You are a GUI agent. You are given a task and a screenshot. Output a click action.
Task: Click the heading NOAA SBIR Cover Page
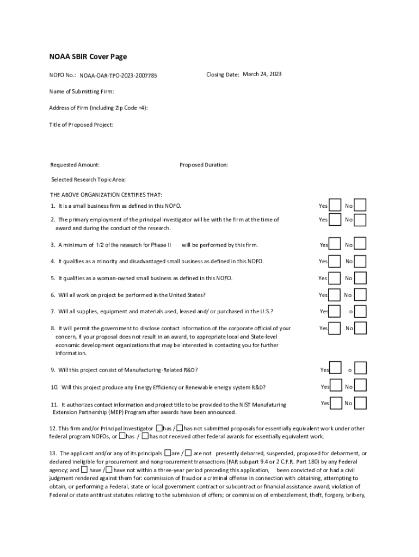pos(89,57)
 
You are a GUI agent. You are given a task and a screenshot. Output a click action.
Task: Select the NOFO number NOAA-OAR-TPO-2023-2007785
pos(118,76)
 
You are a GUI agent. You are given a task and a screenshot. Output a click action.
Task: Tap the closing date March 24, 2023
pos(262,74)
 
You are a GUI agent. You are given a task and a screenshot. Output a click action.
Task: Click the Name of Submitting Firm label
pos(82,91)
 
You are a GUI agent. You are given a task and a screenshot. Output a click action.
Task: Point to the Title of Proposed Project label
pos(82,125)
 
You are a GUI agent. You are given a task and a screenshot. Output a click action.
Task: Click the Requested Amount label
pos(75,165)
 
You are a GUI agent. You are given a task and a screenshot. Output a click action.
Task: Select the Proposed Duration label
pos(204,165)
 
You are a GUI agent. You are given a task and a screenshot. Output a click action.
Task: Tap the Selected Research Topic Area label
pos(88,180)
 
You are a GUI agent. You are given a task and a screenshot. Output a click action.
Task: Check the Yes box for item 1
pos(336,205)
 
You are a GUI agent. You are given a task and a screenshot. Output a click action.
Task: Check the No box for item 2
pos(360,219)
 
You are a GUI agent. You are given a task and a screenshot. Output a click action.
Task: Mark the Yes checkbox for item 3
pos(336,244)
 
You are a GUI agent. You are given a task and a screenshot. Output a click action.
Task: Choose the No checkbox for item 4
pos(360,261)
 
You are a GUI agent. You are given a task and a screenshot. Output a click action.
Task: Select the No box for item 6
pos(360,295)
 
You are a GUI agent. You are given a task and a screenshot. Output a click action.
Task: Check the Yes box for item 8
pos(336,328)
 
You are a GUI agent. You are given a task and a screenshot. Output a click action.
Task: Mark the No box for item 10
pos(360,386)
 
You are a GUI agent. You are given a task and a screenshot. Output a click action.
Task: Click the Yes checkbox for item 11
pos(336,403)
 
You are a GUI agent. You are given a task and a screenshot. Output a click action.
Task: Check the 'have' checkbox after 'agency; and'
pos(84,469)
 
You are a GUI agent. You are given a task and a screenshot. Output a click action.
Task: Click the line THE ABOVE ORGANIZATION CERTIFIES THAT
pos(106,195)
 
